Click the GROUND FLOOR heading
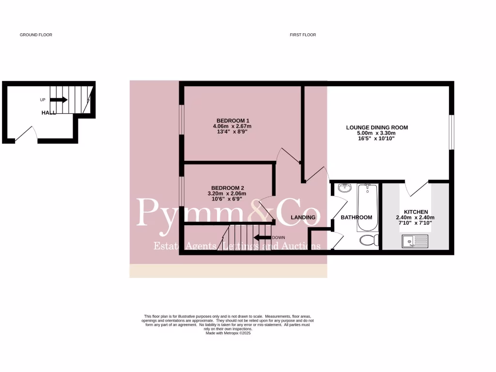pyautogui.click(x=36, y=35)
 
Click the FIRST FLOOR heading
pyautogui.click(x=303, y=35)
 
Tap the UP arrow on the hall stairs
pyautogui.click(x=59, y=100)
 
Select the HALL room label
pyautogui.click(x=48, y=112)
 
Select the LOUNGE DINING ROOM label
pyautogui.click(x=377, y=128)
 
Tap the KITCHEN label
pyautogui.click(x=416, y=212)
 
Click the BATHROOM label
pyautogui.click(x=356, y=217)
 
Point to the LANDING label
pyautogui.click(x=303, y=217)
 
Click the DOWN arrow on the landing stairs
pyautogui.click(x=263, y=237)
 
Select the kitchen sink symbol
pyautogui.click(x=415, y=241)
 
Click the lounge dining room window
pyautogui.click(x=451, y=132)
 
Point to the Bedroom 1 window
pyautogui.click(x=182, y=119)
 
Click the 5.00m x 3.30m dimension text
pyautogui.click(x=377, y=133)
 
